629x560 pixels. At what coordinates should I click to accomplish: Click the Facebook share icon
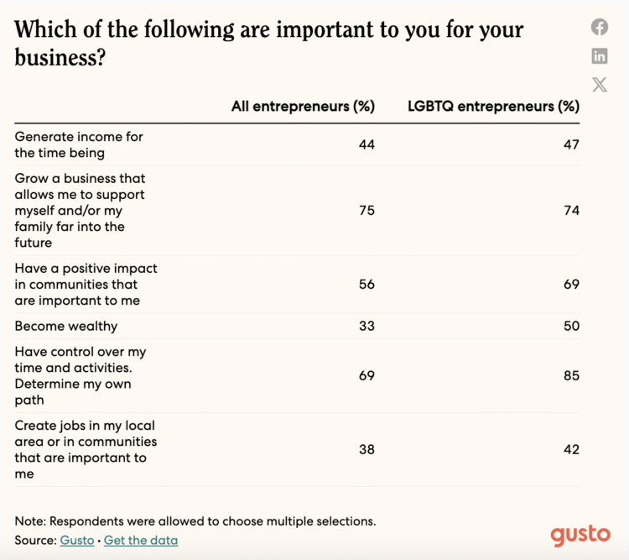click(x=600, y=27)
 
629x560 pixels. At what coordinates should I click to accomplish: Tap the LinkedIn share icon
click(x=600, y=56)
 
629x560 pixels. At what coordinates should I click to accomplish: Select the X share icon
click(x=600, y=84)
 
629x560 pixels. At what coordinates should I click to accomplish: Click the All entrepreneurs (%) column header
click(x=303, y=107)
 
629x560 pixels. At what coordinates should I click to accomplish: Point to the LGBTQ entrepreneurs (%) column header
click(x=493, y=107)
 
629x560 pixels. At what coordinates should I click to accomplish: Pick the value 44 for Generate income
click(x=366, y=144)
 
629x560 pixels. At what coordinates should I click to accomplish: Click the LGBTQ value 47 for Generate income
click(x=571, y=144)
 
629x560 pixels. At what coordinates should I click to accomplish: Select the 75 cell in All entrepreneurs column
click(x=366, y=211)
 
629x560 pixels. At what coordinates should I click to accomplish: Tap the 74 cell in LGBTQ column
click(x=571, y=211)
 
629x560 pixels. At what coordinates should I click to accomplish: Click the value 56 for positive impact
click(x=366, y=285)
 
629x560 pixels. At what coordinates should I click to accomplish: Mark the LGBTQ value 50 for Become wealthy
click(x=571, y=326)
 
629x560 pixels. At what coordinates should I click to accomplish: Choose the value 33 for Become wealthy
click(x=366, y=326)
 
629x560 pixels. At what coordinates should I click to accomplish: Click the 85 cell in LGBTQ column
click(x=571, y=376)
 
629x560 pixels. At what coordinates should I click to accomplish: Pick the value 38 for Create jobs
click(x=366, y=449)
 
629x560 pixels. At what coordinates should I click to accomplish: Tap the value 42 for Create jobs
click(x=571, y=449)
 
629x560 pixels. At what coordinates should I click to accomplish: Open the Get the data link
click(x=141, y=540)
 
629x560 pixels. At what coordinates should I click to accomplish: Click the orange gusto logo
click(x=580, y=535)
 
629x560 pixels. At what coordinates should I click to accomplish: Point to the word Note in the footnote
click(x=29, y=521)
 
